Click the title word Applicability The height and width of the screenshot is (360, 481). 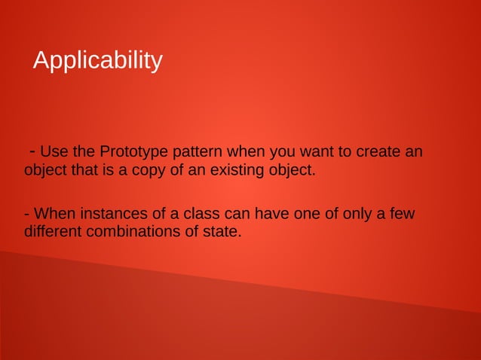click(x=97, y=60)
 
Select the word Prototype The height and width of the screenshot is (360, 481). click(x=130, y=152)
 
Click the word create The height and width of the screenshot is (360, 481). click(x=378, y=152)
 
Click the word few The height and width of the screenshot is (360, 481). click(x=403, y=214)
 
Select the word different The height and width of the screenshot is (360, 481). click(x=53, y=231)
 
